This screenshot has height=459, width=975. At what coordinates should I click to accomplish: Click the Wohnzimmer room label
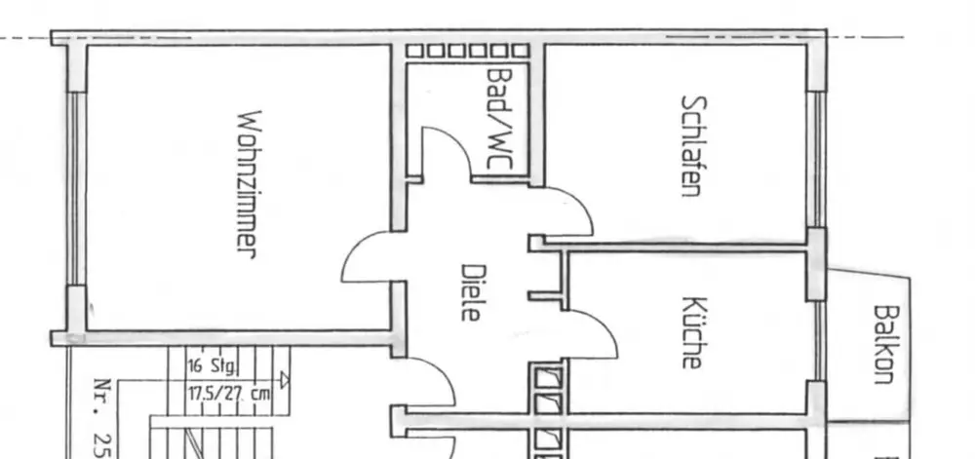246,182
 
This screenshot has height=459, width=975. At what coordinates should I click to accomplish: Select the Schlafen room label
691,145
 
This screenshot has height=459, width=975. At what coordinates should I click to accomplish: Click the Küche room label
691,332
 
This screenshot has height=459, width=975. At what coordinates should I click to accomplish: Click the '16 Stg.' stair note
211,367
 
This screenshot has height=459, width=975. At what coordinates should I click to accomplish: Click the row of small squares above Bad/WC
468,51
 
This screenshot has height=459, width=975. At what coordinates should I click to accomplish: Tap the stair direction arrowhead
284,379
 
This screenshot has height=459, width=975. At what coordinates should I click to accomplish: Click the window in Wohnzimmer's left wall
71,188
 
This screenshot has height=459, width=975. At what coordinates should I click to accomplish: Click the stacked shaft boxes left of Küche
547,409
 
